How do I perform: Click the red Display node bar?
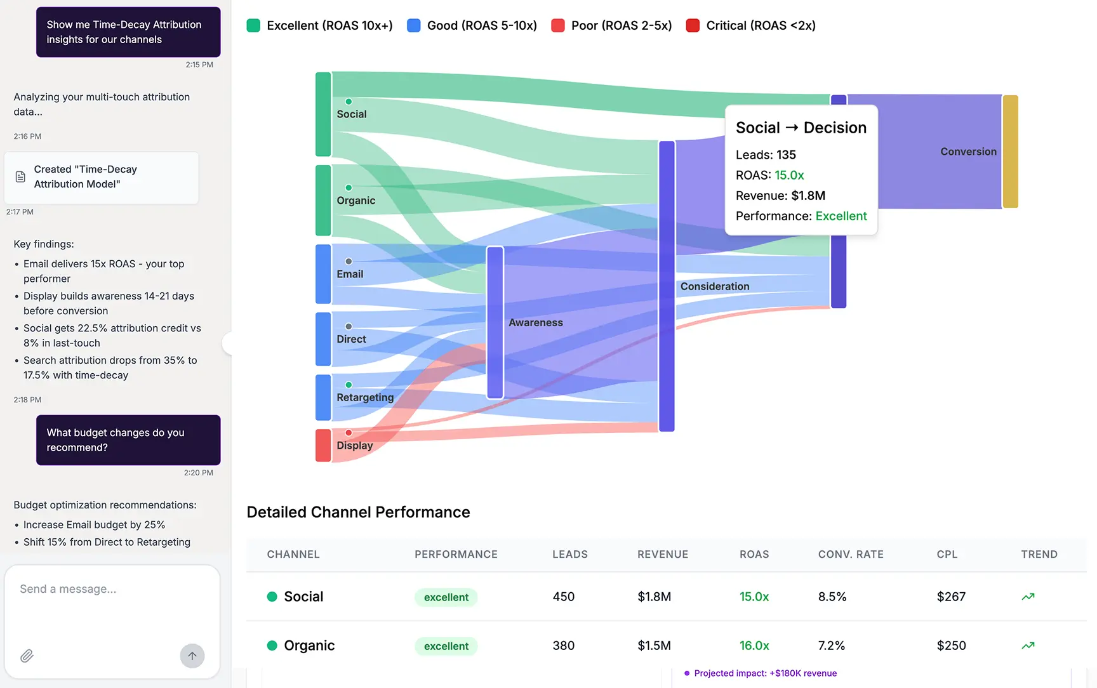click(x=323, y=445)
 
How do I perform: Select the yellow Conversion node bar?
click(x=1010, y=152)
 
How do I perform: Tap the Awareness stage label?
click(x=535, y=322)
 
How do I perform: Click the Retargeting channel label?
click(x=365, y=397)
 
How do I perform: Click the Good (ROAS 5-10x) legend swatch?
click(x=413, y=25)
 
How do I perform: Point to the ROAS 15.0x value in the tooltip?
click(x=789, y=175)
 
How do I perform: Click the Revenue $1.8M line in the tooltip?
click(x=780, y=195)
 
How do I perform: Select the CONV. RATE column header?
click(x=850, y=554)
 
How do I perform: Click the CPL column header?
click(x=947, y=554)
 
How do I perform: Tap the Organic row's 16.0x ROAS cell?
click(x=754, y=645)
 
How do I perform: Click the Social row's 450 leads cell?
click(x=563, y=597)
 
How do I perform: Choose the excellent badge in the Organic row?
click(x=446, y=646)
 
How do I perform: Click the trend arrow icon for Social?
click(x=1028, y=597)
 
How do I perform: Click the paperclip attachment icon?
click(x=27, y=656)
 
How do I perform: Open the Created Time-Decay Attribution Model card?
click(x=102, y=177)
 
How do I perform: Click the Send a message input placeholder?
click(x=68, y=589)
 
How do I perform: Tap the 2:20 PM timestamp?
click(x=198, y=473)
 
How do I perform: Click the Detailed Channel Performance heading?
click(x=358, y=512)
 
